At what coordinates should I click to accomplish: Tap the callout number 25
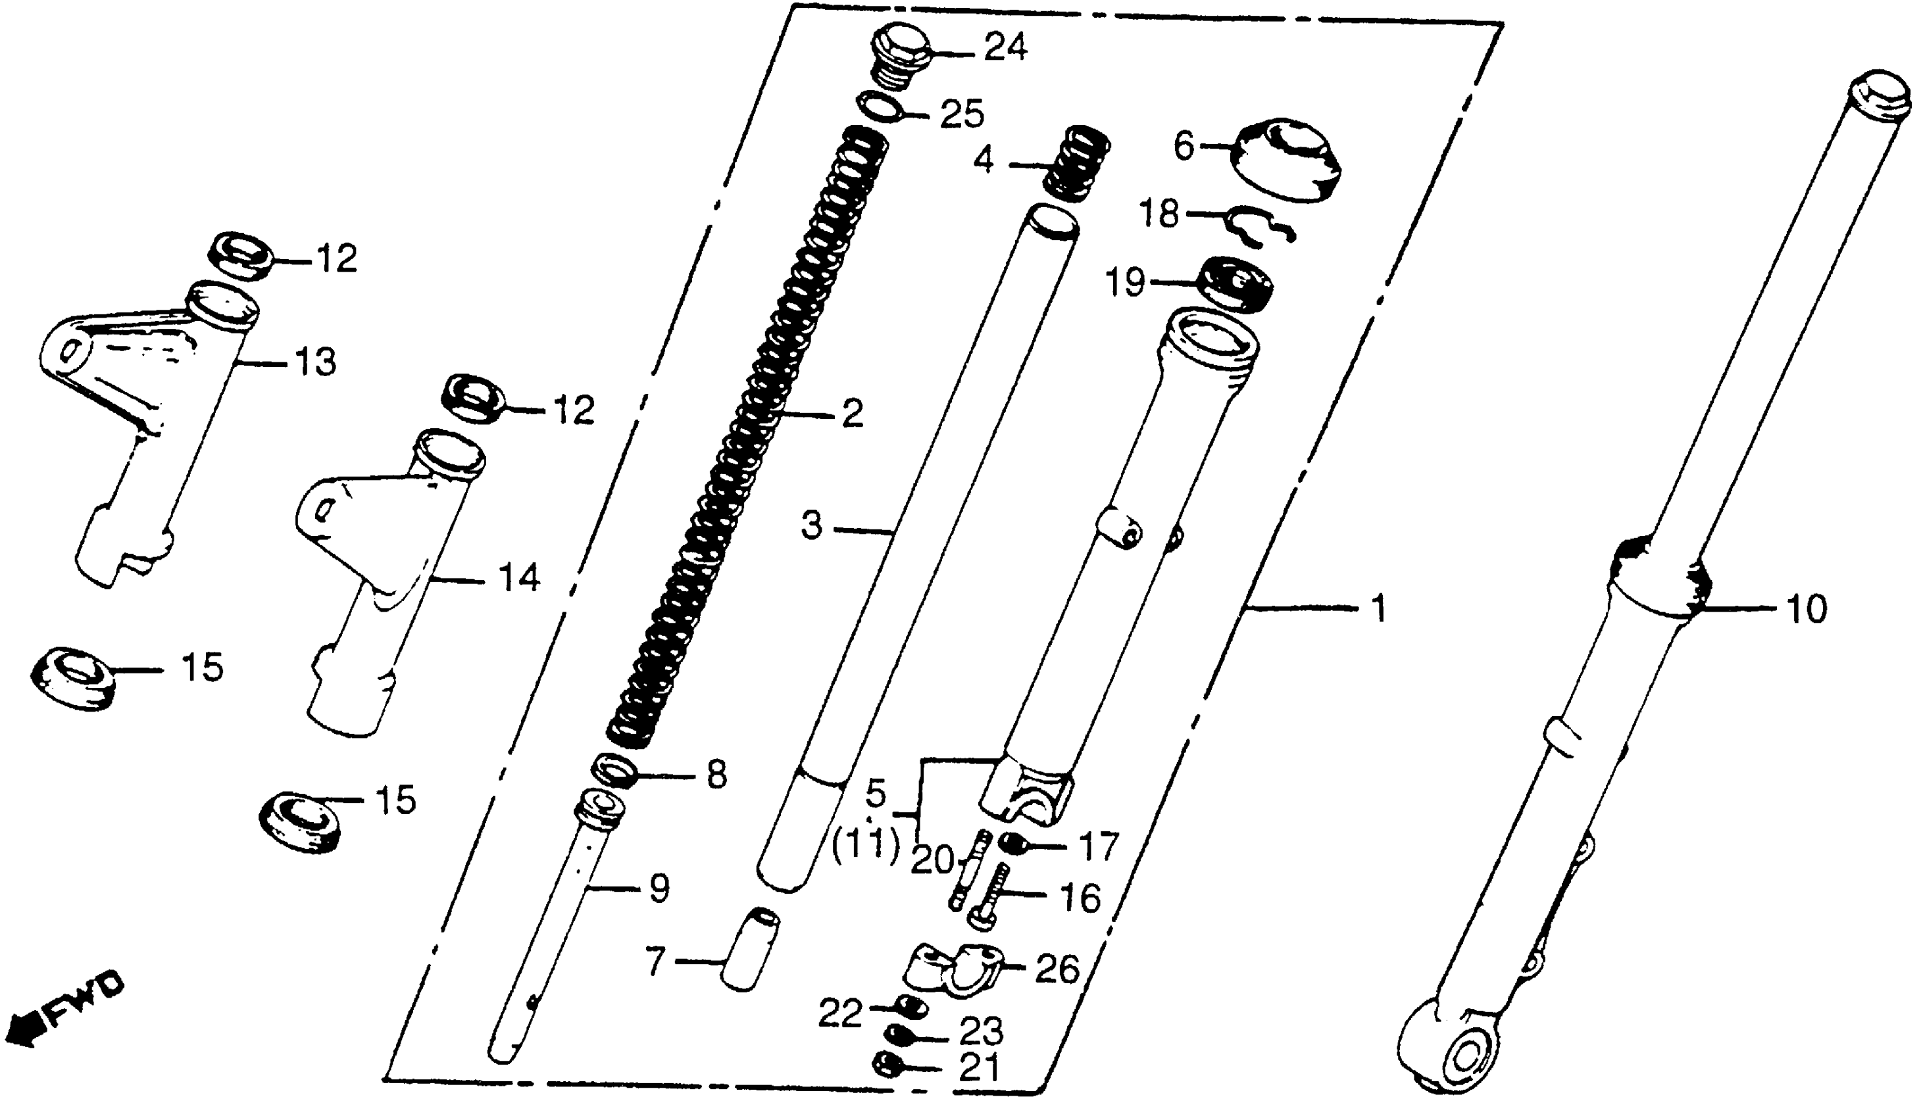[961, 114]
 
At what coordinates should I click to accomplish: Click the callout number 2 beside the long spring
[851, 413]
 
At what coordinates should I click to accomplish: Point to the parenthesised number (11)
[865, 846]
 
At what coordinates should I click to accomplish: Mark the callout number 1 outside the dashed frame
[1378, 609]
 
